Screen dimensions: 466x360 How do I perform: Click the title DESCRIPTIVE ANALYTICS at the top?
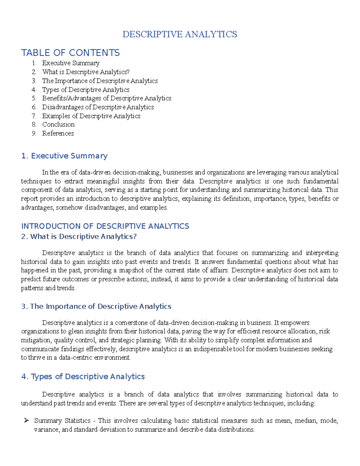coord(179,34)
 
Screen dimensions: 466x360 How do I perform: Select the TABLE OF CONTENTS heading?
coord(70,53)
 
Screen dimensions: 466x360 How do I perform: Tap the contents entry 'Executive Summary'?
coord(71,63)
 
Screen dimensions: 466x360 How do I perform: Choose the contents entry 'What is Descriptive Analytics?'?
coord(86,72)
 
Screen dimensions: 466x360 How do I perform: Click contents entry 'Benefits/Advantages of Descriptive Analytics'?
coord(106,98)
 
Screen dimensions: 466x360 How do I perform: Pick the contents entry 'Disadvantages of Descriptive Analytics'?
coord(98,107)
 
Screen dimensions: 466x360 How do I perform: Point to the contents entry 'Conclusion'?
coord(58,125)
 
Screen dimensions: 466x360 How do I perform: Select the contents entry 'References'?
coord(58,133)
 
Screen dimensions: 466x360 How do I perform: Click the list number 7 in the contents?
coord(34,116)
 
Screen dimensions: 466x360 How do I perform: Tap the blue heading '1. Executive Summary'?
coord(64,156)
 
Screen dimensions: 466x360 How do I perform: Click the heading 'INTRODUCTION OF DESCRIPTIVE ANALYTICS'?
coord(105,226)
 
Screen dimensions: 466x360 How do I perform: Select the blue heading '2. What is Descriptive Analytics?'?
coord(79,236)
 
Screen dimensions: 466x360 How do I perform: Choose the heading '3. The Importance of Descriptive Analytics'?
coord(96,306)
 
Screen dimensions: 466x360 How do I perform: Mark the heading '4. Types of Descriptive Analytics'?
coord(83,377)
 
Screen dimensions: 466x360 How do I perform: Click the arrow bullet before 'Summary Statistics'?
coord(26,421)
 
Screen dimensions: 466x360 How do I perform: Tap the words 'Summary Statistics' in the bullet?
coord(62,421)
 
